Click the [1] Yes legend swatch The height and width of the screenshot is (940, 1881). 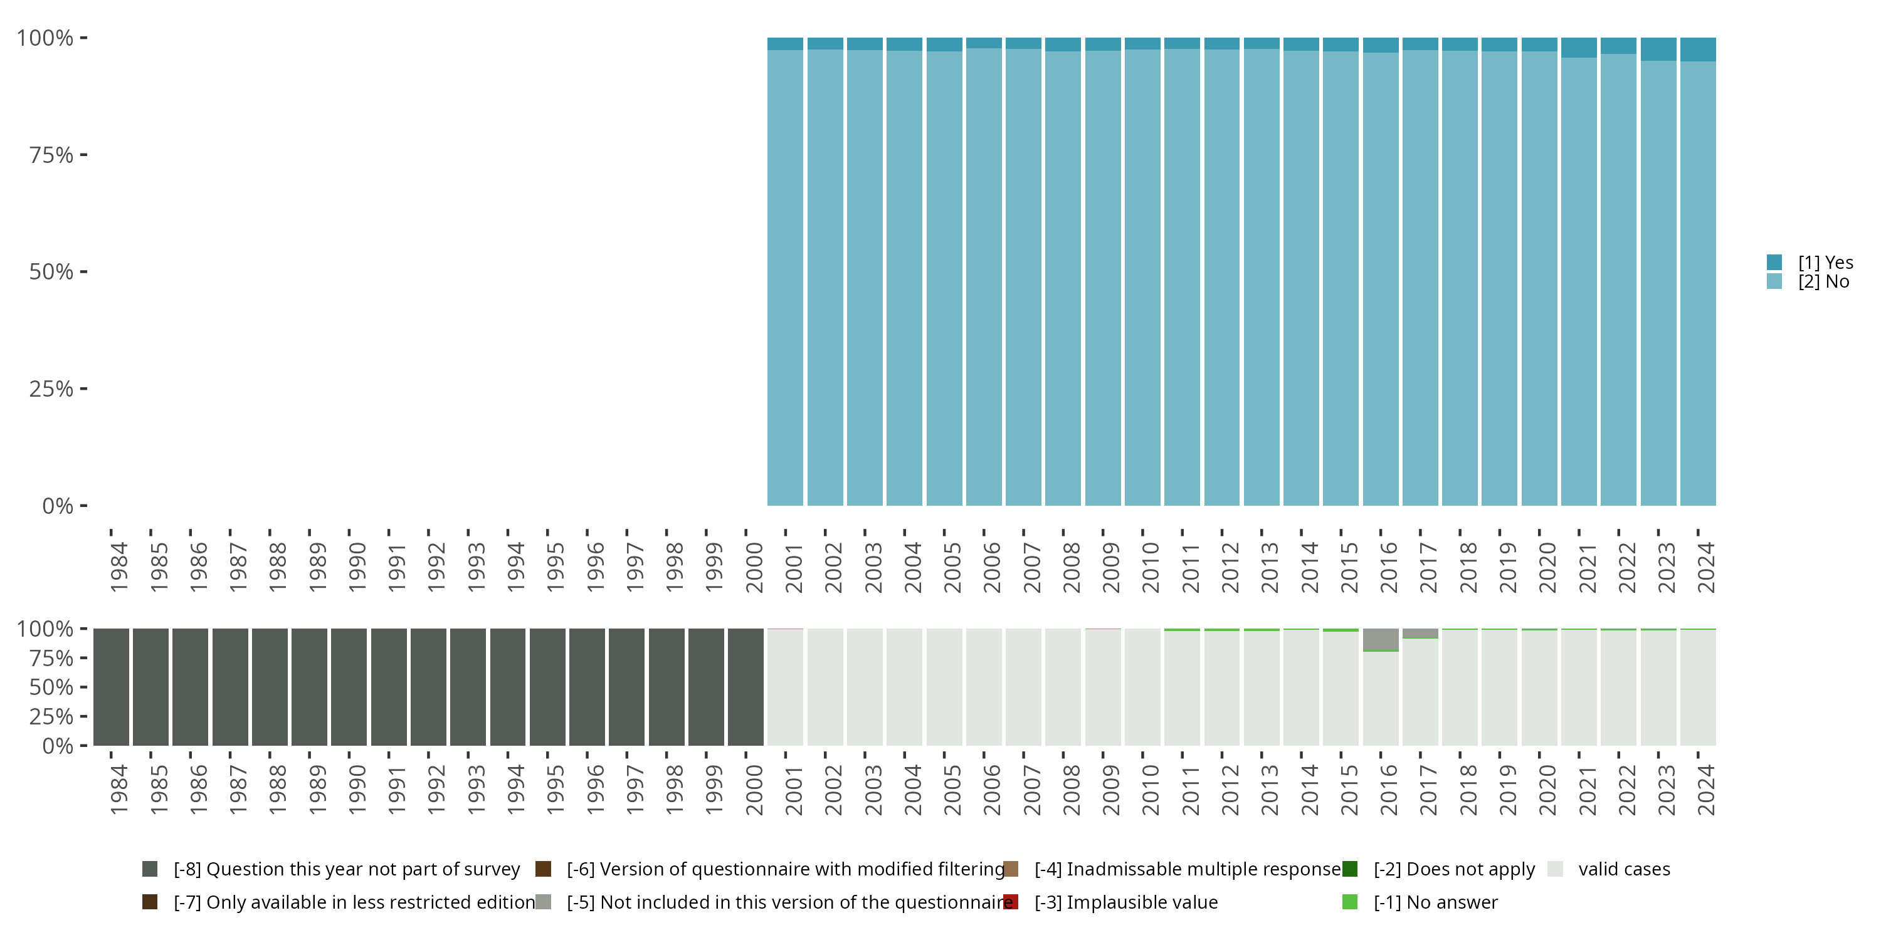click(x=1774, y=262)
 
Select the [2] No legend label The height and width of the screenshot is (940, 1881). click(x=1823, y=282)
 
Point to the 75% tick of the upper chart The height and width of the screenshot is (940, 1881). click(x=83, y=155)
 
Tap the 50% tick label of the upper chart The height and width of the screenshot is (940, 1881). click(x=51, y=272)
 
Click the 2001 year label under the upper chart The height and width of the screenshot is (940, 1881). click(x=794, y=568)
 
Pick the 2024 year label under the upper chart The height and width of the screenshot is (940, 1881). click(x=1705, y=568)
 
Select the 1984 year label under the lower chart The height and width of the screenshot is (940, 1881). click(x=119, y=790)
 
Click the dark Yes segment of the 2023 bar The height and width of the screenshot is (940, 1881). click(x=1658, y=49)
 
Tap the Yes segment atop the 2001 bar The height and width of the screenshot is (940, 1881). click(x=785, y=44)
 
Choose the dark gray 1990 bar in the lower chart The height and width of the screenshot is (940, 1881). click(x=349, y=687)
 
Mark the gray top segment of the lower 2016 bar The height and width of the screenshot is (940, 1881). click(x=1381, y=639)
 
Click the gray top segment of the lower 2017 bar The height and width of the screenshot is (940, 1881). click(x=1420, y=633)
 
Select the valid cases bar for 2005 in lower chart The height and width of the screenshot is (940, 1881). click(x=944, y=687)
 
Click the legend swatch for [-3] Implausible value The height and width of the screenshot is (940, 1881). click(x=1011, y=902)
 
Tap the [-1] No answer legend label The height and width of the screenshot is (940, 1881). click(x=1436, y=902)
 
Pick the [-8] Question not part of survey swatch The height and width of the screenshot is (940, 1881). click(x=150, y=869)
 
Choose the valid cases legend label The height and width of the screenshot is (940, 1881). click(x=1624, y=869)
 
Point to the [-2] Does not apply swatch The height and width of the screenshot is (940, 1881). click(x=1349, y=869)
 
